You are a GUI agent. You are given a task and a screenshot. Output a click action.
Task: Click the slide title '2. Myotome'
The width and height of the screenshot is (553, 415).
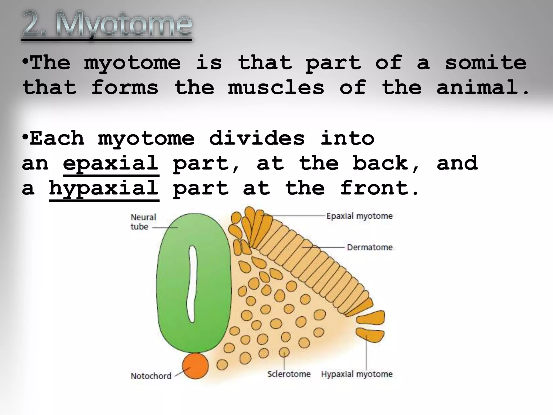107,25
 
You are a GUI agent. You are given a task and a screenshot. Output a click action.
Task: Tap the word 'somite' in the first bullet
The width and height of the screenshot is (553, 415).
485,62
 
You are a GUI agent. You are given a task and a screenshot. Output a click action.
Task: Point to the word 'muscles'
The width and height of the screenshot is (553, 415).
276,87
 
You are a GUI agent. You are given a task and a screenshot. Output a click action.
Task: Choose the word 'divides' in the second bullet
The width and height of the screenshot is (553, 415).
257,138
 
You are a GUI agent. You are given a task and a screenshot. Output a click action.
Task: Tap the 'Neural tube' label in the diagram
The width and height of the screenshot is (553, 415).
143,222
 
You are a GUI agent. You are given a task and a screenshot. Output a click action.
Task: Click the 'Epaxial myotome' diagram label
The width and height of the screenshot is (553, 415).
359,216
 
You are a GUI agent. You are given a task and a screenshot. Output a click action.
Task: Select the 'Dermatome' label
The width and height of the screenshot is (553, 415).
369,247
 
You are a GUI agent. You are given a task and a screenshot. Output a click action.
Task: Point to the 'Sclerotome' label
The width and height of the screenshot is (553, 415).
289,374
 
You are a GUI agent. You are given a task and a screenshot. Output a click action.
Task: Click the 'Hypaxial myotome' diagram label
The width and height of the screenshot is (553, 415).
357,374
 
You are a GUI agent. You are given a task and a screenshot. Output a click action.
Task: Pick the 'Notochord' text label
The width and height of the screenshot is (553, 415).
151,376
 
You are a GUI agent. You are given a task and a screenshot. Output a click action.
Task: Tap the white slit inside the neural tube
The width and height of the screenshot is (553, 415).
192,284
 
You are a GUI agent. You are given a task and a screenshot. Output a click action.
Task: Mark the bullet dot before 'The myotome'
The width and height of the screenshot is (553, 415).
26,62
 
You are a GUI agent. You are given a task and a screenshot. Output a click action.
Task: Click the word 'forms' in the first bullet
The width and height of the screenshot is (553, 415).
125,87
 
